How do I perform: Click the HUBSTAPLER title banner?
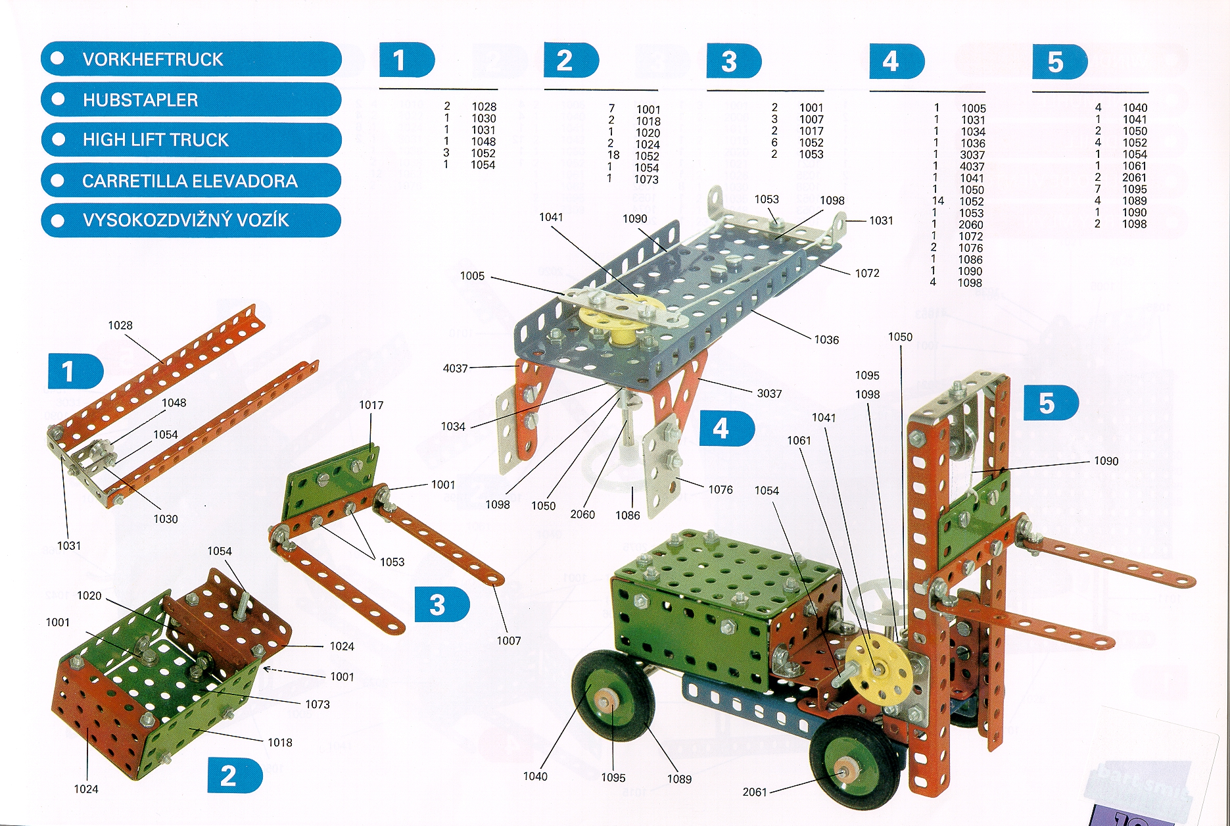tap(191, 100)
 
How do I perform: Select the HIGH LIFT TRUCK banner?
tap(191, 140)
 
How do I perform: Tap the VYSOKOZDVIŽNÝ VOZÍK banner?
tap(191, 220)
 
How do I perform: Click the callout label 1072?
tap(867, 273)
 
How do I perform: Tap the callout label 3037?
tap(769, 393)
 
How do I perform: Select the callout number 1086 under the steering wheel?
tap(628, 516)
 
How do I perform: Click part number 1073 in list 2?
tap(646, 180)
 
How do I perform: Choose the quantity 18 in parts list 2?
tap(613, 156)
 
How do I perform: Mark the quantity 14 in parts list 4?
tap(937, 201)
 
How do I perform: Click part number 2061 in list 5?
tap(1134, 178)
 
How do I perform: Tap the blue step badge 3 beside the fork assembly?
tap(440, 605)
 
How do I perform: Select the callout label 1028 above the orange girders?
tap(120, 326)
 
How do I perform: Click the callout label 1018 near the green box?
tap(280, 742)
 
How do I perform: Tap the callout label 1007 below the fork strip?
tap(509, 641)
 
